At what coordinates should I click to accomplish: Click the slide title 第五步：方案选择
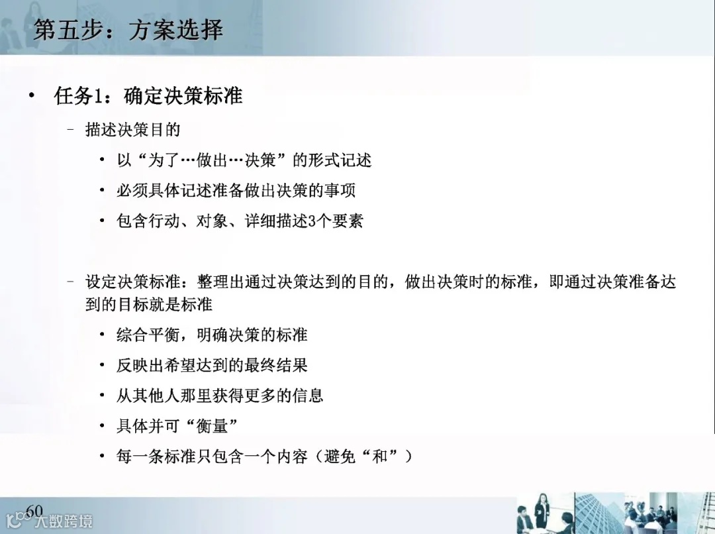click(x=128, y=30)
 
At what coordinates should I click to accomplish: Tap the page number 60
click(x=33, y=510)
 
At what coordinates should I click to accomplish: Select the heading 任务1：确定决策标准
click(x=148, y=96)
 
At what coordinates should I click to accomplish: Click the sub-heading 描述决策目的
click(x=132, y=129)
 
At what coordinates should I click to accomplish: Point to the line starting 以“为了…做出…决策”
click(x=244, y=160)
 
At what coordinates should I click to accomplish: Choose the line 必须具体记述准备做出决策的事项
click(x=236, y=191)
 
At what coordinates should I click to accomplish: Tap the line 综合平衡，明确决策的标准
click(x=212, y=335)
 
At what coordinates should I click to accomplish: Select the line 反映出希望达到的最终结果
click(x=212, y=365)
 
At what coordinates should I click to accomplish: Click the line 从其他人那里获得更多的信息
click(x=220, y=396)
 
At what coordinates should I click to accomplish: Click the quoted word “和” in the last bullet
click(x=379, y=456)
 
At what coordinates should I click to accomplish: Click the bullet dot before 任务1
click(x=32, y=96)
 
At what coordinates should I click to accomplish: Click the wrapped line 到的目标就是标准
click(x=148, y=304)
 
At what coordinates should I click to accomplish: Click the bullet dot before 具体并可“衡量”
click(x=102, y=426)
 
